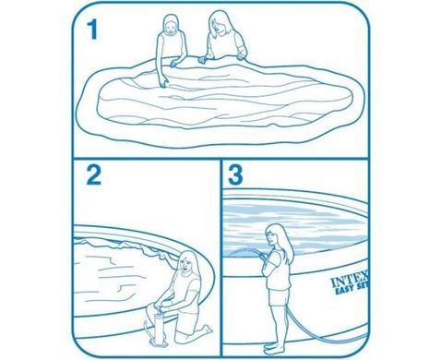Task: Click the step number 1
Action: (x=92, y=30)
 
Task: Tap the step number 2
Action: (x=93, y=175)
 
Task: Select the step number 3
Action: (x=235, y=175)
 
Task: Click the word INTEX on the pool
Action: (x=350, y=282)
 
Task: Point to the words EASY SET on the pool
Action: (x=352, y=290)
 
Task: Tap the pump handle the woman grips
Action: (x=158, y=308)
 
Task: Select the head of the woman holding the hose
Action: (x=273, y=235)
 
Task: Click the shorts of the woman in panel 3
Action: (x=279, y=296)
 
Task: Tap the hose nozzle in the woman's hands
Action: (x=256, y=253)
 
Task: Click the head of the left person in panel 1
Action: (x=171, y=26)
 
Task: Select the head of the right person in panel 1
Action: (x=219, y=21)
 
